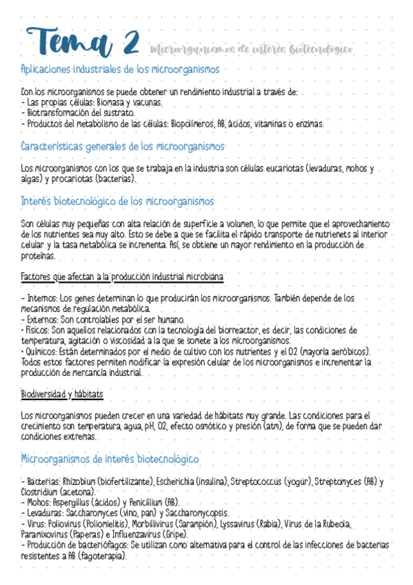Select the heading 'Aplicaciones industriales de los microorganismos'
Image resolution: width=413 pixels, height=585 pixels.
pos(121,70)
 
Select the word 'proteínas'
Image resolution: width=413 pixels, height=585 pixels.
pos(38,256)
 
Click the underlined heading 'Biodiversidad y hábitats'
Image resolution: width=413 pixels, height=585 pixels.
pos(62,394)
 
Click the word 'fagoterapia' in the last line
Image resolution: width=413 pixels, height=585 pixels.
pos(102,556)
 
